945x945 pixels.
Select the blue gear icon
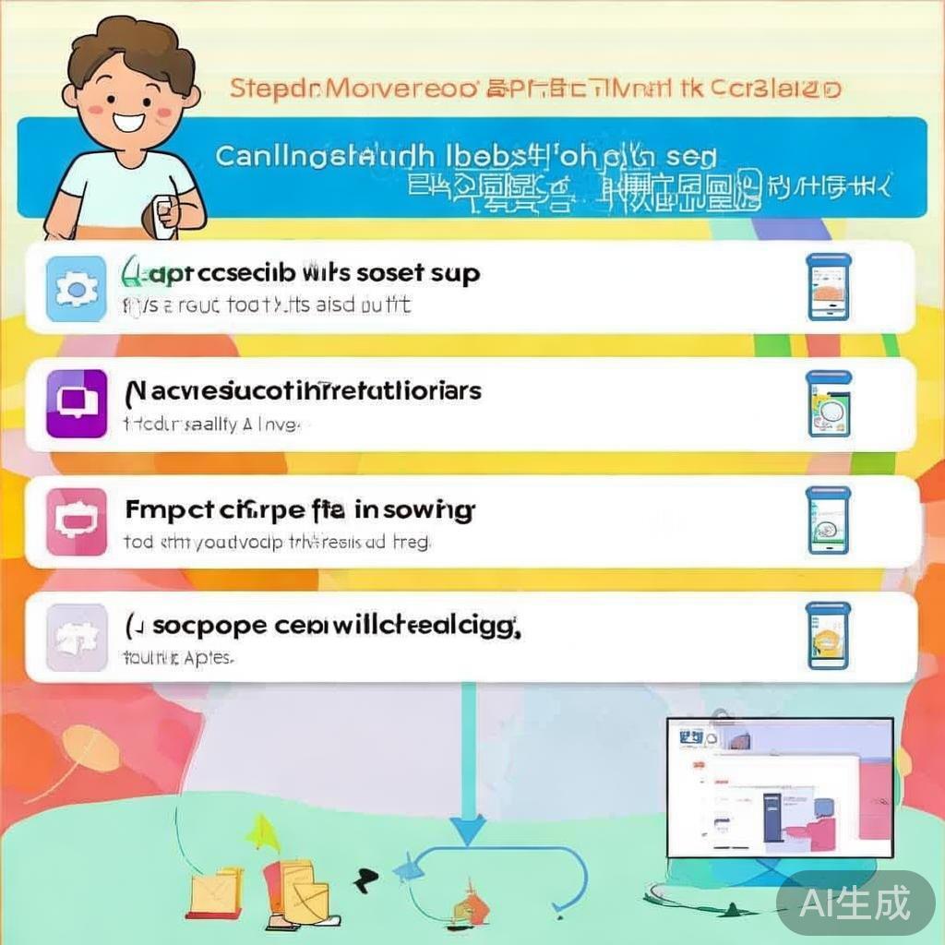point(76,288)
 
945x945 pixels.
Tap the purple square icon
point(76,405)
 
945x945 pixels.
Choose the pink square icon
point(76,521)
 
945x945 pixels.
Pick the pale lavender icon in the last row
point(76,637)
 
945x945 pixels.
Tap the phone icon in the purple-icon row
point(828,404)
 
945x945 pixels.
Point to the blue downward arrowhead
point(469,828)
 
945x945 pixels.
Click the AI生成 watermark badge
point(855,902)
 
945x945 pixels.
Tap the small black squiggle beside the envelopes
point(365,876)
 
